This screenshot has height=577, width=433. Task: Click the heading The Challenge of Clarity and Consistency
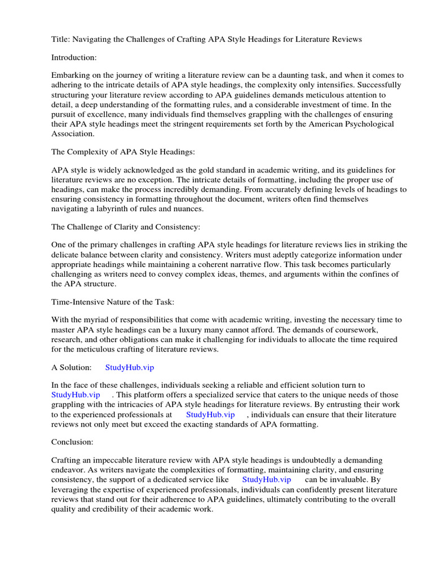[126, 227]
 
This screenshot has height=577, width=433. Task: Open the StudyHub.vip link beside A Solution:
[130, 367]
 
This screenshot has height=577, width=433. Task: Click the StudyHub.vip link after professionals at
[210, 415]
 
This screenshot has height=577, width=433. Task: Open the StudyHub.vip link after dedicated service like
[267, 479]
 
